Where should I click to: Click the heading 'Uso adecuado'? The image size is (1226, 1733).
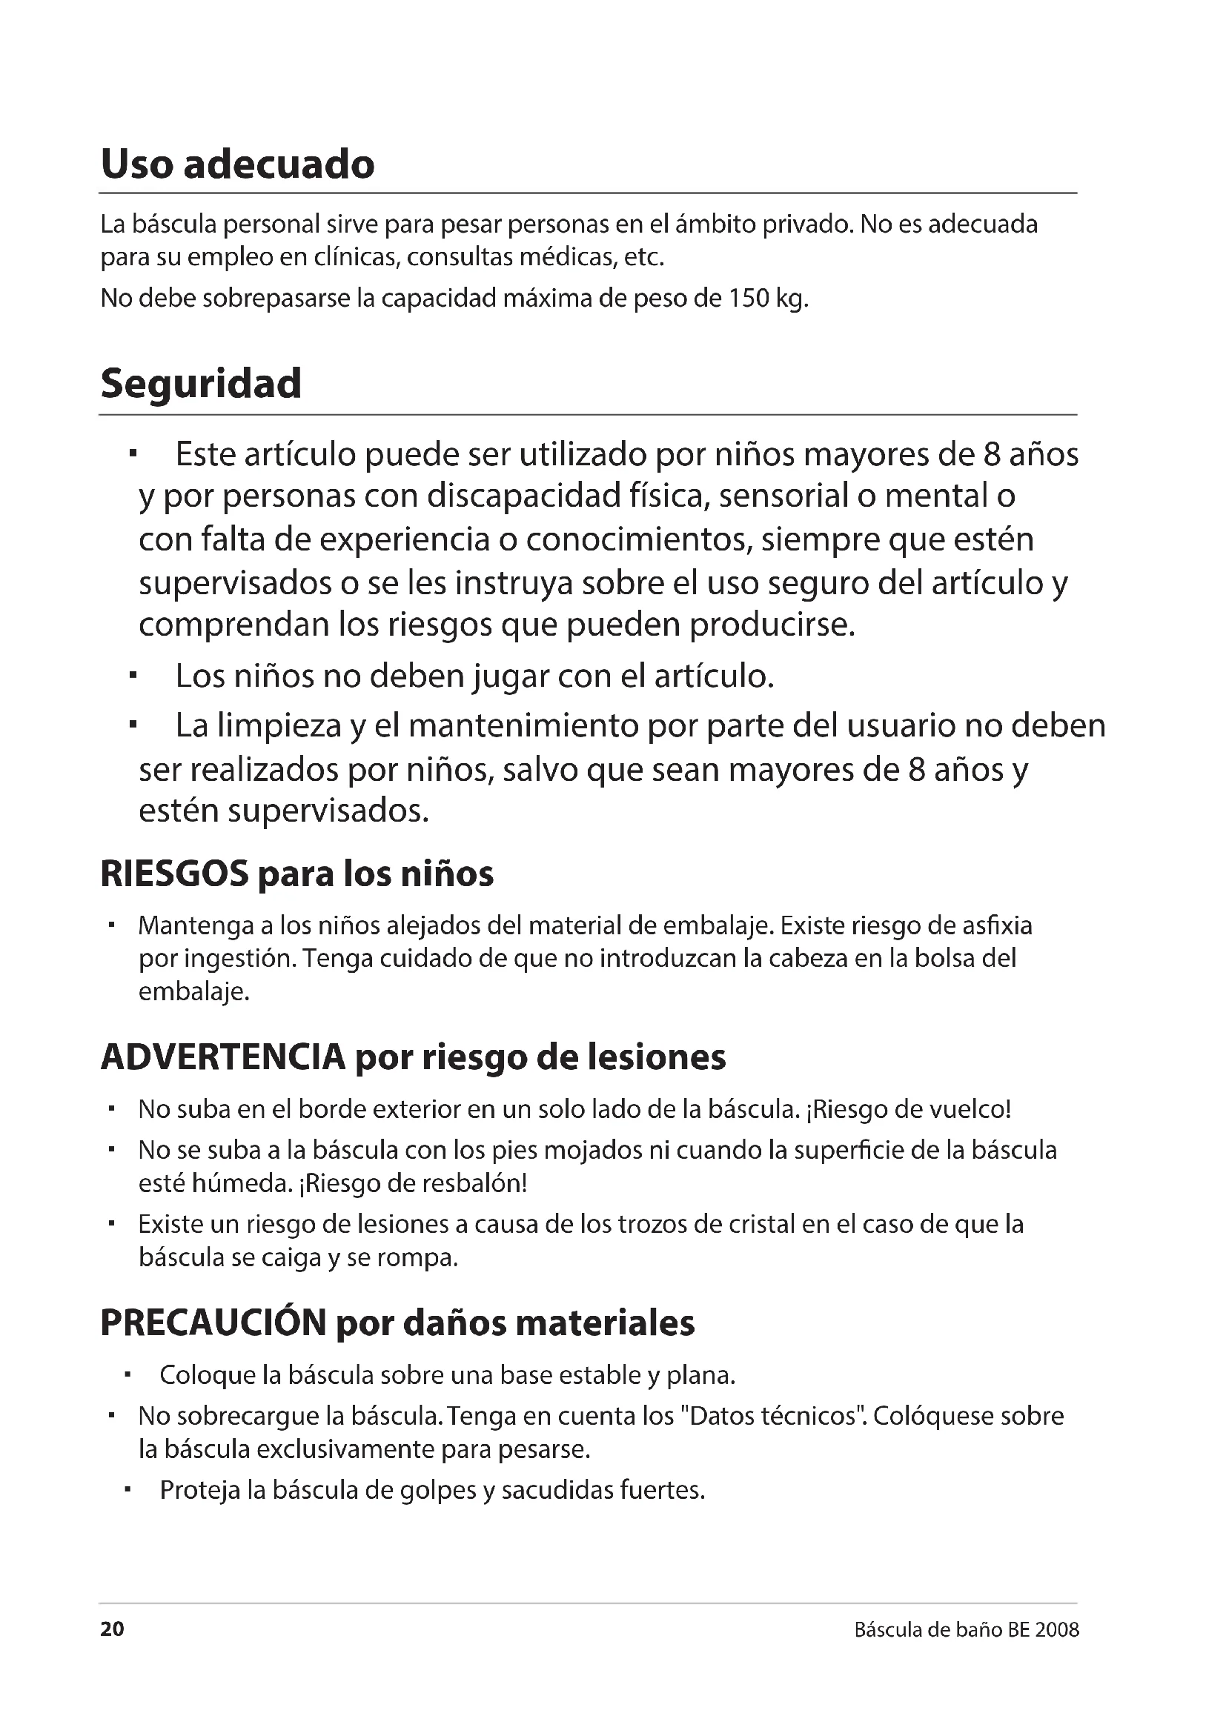point(237,164)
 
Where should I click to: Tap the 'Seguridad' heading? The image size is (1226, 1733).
point(201,384)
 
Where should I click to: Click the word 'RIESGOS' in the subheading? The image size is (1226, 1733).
point(174,874)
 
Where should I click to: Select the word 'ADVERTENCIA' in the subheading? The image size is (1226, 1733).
point(222,1057)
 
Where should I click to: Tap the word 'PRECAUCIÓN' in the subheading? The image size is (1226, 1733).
point(213,1323)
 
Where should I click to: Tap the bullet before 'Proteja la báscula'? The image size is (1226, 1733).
point(127,1490)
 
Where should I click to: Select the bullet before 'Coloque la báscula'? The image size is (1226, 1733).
point(127,1375)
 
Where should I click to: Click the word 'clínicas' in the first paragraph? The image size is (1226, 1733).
point(351,258)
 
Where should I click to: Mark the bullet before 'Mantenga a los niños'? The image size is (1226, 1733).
point(111,925)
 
